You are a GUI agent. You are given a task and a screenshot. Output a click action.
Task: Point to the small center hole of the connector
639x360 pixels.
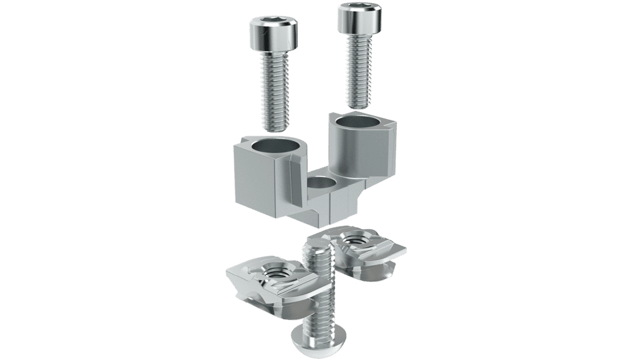(321, 184)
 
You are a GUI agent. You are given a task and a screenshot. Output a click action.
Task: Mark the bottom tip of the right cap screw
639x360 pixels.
(359, 107)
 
